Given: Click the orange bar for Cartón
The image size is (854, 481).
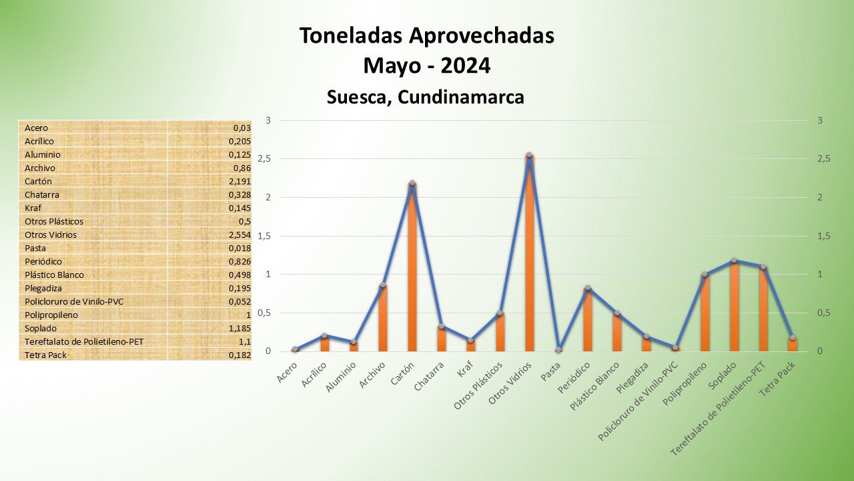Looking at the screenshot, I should click(x=412, y=267).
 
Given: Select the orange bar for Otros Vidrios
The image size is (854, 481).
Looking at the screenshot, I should click(x=529, y=254).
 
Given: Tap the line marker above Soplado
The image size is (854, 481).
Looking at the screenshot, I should click(x=734, y=261).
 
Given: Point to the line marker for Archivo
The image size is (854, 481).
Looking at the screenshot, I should click(x=383, y=285).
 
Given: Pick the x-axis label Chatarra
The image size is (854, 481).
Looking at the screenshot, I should click(x=431, y=376).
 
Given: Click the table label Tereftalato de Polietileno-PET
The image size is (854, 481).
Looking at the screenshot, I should click(x=83, y=341).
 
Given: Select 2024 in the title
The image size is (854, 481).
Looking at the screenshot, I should click(x=465, y=65).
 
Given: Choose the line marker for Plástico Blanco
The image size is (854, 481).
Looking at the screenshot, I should click(x=616, y=313).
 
